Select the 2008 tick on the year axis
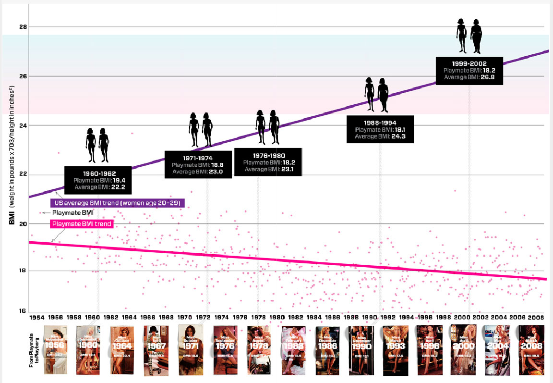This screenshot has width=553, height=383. click(x=536, y=318)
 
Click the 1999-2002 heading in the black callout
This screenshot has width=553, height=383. click(x=469, y=63)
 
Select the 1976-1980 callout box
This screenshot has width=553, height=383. click(x=268, y=162)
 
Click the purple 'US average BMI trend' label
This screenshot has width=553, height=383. click(x=117, y=203)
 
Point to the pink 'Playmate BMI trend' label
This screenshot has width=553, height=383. click(x=82, y=224)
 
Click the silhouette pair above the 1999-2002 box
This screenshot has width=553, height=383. click(x=469, y=36)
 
